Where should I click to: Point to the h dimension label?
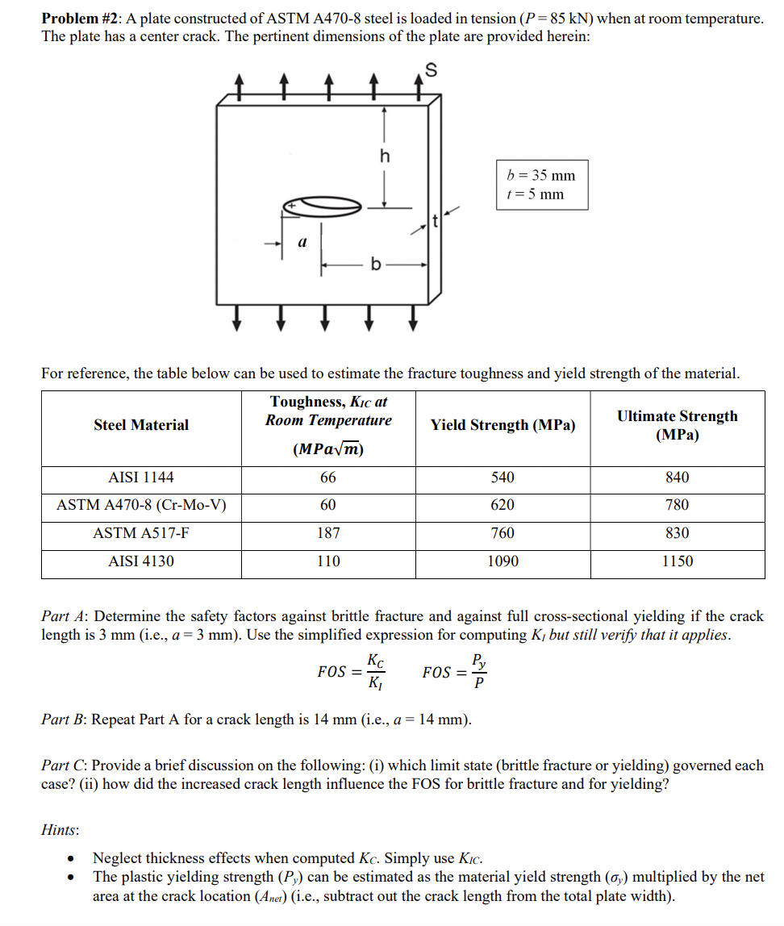(385, 156)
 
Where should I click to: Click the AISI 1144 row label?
(141, 478)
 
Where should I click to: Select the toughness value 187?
(328, 533)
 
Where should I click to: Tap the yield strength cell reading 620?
(503, 505)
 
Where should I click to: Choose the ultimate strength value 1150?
(677, 561)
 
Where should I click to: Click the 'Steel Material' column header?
(141, 425)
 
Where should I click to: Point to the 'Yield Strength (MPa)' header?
(503, 425)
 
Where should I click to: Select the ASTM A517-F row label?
(141, 533)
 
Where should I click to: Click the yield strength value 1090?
(503, 561)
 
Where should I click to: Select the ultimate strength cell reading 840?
(677, 478)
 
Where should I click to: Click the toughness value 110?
(328, 561)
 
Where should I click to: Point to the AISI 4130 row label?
(141, 561)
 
